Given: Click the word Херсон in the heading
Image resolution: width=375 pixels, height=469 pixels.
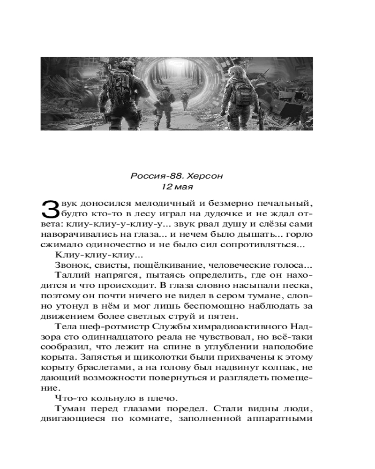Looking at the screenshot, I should tap(201, 176).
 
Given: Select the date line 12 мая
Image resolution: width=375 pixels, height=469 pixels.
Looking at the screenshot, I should tap(177, 187).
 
